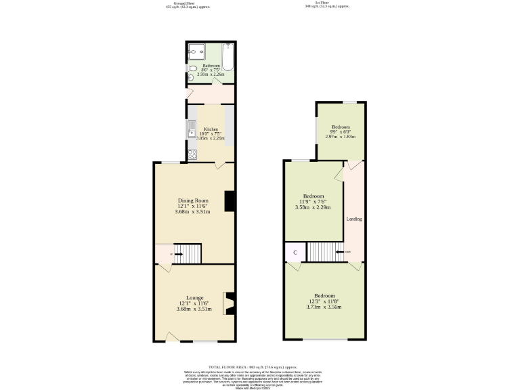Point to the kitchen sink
pyautogui.click(x=192, y=132)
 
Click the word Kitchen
pyautogui.click(x=211, y=129)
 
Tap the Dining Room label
pyautogui.click(x=193, y=200)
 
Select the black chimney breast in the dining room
pyautogui.click(x=230, y=201)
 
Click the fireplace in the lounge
pyautogui.click(x=231, y=304)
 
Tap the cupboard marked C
pyautogui.click(x=295, y=253)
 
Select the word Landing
pyautogui.click(x=354, y=219)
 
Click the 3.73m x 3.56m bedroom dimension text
pyautogui.click(x=325, y=307)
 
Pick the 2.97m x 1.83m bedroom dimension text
pyautogui.click(x=341, y=137)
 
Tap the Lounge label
pyautogui.click(x=195, y=297)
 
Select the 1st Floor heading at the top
pyautogui.click(x=332, y=3)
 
